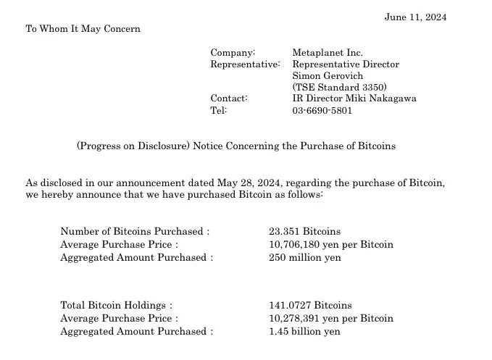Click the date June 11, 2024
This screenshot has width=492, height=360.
pos(415,17)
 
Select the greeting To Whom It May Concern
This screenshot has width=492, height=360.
pos(83,29)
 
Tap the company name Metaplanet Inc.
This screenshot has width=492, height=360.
pos(328,52)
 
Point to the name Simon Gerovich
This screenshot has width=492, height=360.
pos(328,75)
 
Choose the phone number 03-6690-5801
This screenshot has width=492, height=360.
pos(322,110)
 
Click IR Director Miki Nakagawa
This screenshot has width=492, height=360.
pos(354,99)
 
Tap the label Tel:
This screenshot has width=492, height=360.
pos(219,110)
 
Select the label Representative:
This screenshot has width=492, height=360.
pos(245,64)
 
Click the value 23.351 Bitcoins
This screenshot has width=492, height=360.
pos(304,231)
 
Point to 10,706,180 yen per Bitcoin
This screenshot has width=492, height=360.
pos(331,244)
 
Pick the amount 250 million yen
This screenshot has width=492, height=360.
pos(305,257)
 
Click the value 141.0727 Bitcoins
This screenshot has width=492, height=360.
pos(310,306)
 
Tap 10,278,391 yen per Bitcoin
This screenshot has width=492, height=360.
pos(331,318)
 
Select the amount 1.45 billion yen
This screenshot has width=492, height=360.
pos(304,331)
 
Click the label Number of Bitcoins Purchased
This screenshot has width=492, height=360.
pos(134,231)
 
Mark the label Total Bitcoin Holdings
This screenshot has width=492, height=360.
pos(116,306)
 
